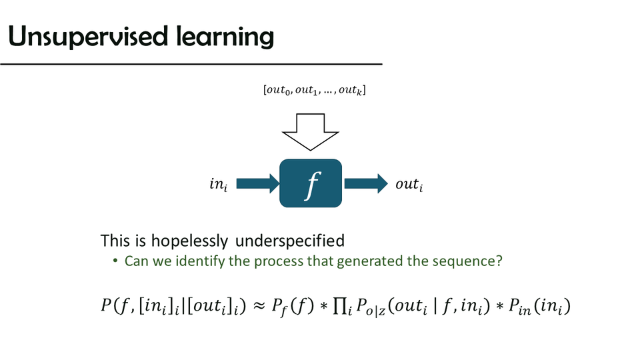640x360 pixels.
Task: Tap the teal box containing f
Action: click(311, 183)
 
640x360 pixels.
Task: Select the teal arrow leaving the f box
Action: click(365, 183)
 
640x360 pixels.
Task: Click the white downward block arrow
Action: click(311, 132)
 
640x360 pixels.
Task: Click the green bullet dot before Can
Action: click(115, 261)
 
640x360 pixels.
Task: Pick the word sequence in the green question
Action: click(463, 261)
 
